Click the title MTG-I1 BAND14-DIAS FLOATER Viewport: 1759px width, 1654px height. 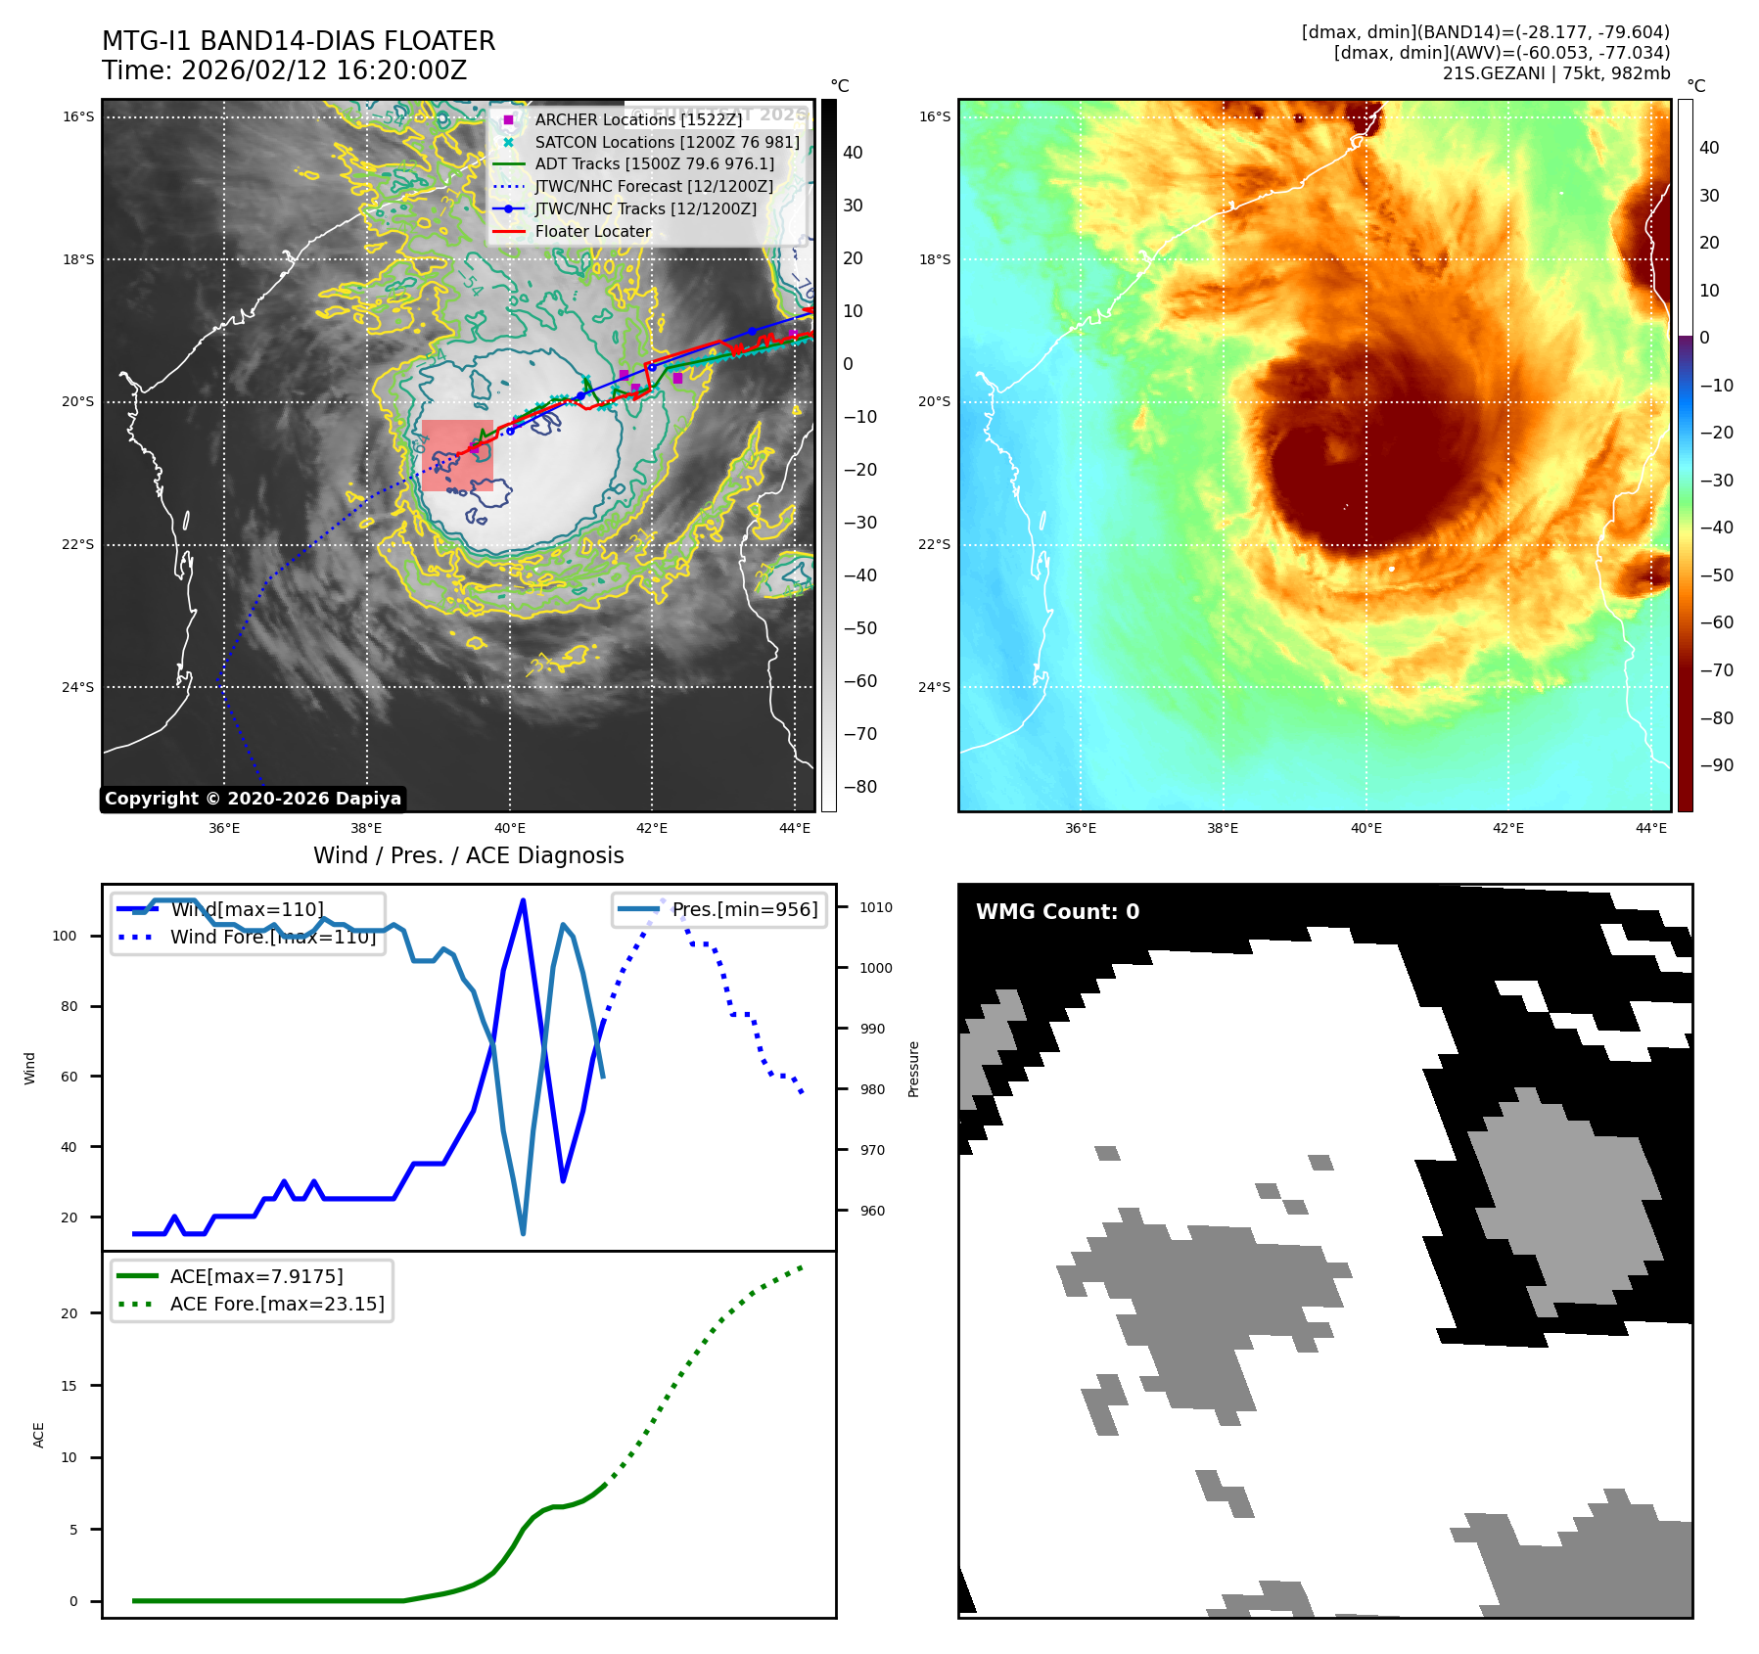click(299, 41)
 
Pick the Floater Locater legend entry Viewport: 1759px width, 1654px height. click(592, 232)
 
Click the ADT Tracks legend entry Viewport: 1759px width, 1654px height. click(654, 164)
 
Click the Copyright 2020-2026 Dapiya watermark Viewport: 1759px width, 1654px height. click(253, 799)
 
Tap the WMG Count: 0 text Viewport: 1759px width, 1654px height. click(1057, 912)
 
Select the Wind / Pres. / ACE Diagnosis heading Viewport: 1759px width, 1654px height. click(468, 855)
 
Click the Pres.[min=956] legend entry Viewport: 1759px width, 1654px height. click(744, 909)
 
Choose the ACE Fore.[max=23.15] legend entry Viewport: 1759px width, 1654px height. click(277, 1304)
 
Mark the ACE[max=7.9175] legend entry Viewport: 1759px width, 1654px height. click(256, 1276)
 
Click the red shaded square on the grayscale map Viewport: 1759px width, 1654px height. click(457, 455)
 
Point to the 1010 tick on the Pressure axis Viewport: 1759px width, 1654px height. click(875, 907)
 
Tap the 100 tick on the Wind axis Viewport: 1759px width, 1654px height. click(65, 936)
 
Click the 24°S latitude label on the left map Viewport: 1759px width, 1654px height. click(78, 687)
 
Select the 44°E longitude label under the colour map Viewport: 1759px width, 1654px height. click(1650, 828)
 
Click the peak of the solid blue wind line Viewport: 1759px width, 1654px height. click(523, 899)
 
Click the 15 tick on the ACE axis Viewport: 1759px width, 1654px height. click(69, 1386)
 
